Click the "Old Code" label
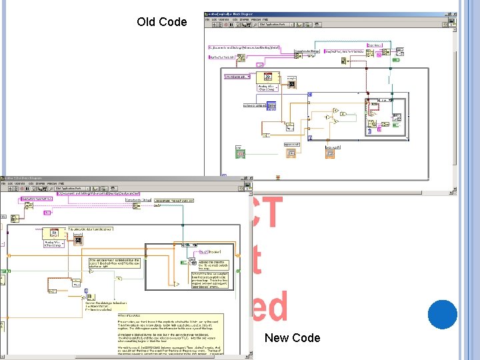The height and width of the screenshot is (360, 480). click(162, 22)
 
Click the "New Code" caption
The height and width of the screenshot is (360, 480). click(292, 337)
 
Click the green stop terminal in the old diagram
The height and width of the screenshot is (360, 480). click(239, 153)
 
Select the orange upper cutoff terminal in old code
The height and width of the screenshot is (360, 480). click(291, 153)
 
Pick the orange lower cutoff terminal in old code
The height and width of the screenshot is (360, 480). click(331, 153)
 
